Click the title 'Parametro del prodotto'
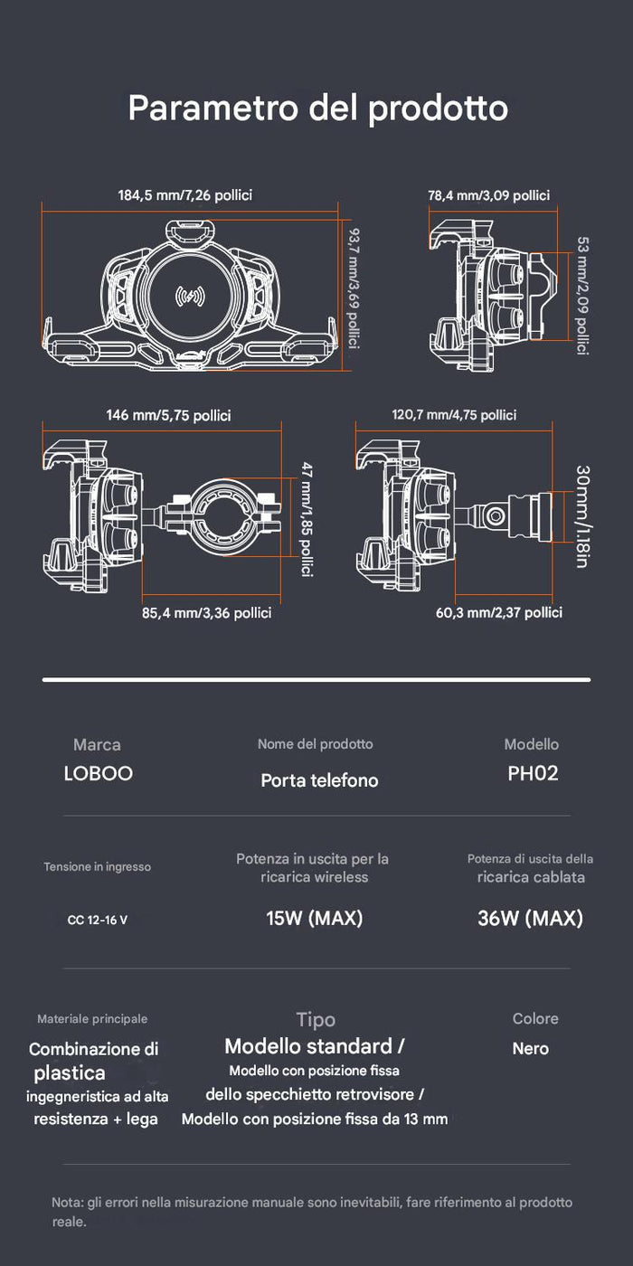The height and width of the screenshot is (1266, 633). pyautogui.click(x=317, y=108)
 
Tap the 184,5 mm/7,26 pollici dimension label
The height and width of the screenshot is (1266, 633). pyautogui.click(x=184, y=195)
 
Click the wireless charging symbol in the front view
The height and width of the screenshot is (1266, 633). pyautogui.click(x=190, y=297)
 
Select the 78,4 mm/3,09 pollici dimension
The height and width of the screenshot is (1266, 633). pyautogui.click(x=489, y=195)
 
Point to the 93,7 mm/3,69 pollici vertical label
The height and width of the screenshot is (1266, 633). pyautogui.click(x=354, y=288)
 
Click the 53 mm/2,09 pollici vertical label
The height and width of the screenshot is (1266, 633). pyautogui.click(x=582, y=296)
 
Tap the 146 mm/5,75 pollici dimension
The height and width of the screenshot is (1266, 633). pyautogui.click(x=168, y=415)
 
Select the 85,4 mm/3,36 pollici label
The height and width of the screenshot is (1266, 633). pyautogui.click(x=207, y=613)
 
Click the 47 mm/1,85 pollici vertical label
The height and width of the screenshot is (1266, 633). pyautogui.click(x=307, y=519)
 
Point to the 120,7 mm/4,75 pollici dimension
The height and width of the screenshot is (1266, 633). pyautogui.click(x=454, y=415)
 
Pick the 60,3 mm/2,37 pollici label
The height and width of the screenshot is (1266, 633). pyautogui.click(x=499, y=613)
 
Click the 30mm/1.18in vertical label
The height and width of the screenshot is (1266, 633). pyautogui.click(x=582, y=516)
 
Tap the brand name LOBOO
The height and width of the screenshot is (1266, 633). pyautogui.click(x=99, y=773)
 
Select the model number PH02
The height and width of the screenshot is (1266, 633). pyautogui.click(x=533, y=773)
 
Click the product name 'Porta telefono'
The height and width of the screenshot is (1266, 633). pyautogui.click(x=319, y=780)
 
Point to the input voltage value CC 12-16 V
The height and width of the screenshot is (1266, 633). pyautogui.click(x=98, y=921)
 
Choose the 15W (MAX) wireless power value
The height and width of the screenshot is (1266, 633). pyautogui.click(x=315, y=918)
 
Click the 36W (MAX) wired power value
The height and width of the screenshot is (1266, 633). pyautogui.click(x=530, y=918)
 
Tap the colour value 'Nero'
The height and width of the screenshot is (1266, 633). pyautogui.click(x=531, y=1049)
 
